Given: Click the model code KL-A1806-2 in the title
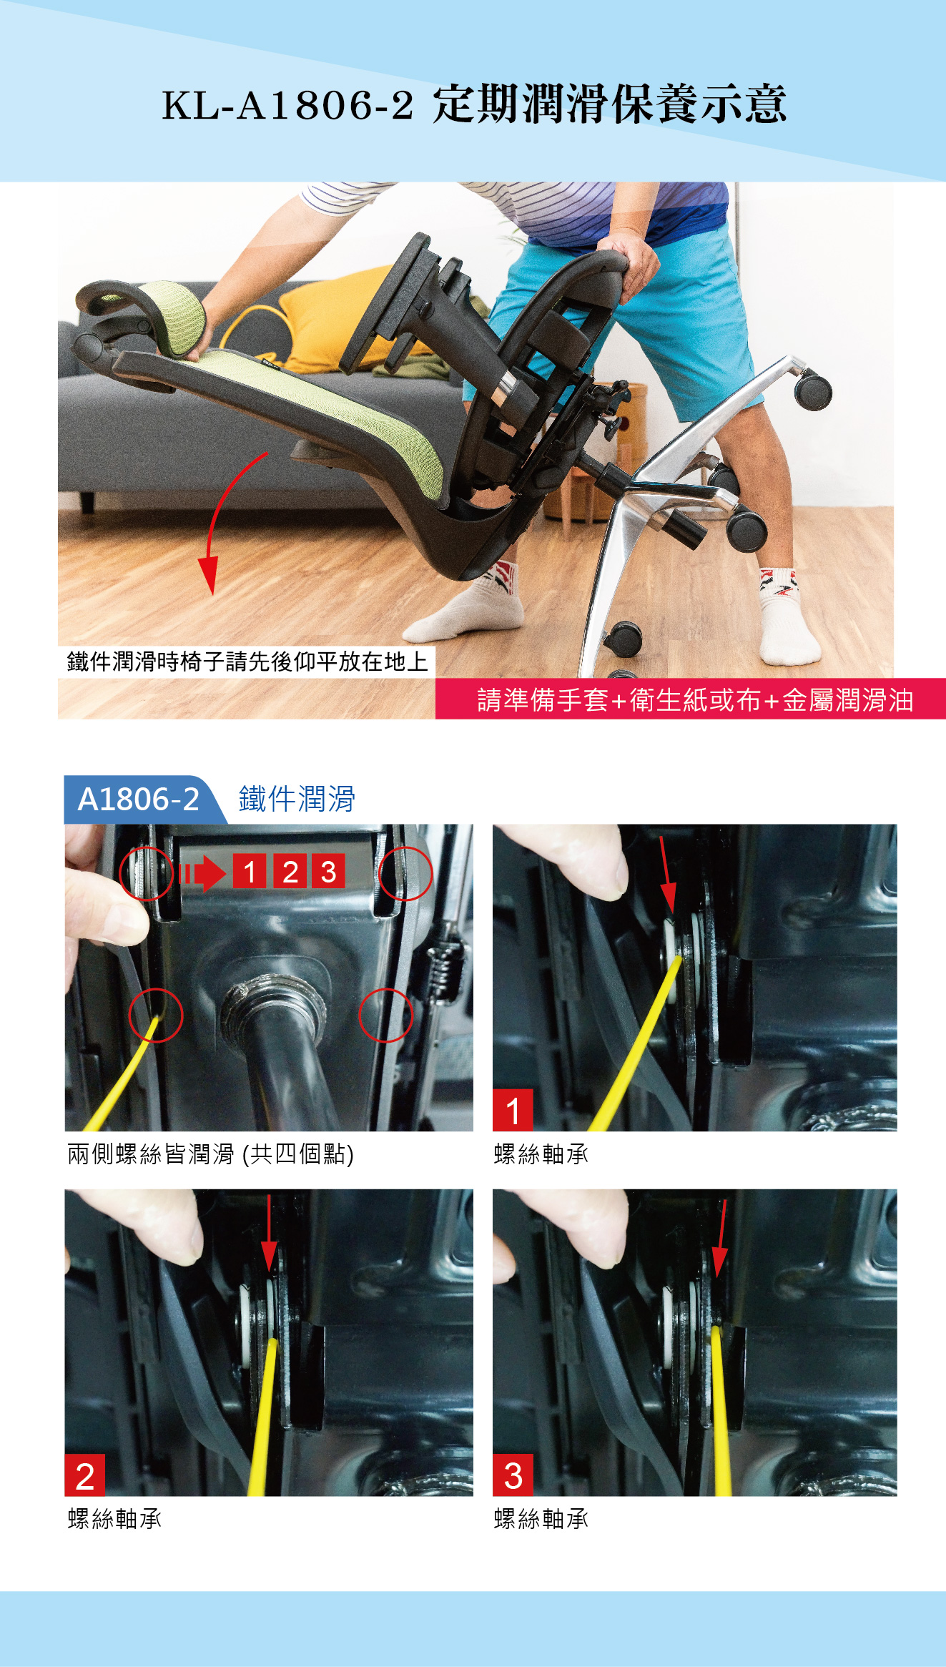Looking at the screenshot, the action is tap(287, 105).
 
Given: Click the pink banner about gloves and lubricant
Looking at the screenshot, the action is tap(691, 699).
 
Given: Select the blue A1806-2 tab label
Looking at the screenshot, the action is tap(139, 799).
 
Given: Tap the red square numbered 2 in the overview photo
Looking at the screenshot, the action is tap(290, 871).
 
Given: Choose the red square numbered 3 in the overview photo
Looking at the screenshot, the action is tap(328, 871).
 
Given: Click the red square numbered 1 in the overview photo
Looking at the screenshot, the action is tap(250, 871).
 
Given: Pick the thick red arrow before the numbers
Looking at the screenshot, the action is tap(203, 873).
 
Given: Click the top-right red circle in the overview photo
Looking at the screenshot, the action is tap(405, 873).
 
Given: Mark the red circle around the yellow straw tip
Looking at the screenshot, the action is tap(156, 1015).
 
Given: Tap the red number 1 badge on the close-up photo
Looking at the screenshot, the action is tap(513, 1110).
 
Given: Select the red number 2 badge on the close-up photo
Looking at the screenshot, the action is tap(84, 1475).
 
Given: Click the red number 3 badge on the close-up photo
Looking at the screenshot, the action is tap(513, 1475).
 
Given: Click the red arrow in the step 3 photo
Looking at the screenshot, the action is tap(721, 1239).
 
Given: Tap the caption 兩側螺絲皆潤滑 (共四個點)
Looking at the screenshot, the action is tap(211, 1154).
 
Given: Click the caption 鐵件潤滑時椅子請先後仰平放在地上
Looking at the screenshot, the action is tap(247, 662).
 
